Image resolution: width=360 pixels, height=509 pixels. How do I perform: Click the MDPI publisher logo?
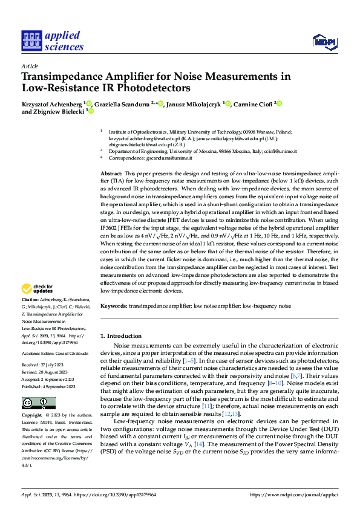click(324, 41)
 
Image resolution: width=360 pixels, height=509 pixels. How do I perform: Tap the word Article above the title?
click(30, 66)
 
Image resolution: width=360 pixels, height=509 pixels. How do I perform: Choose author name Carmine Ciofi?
click(253, 104)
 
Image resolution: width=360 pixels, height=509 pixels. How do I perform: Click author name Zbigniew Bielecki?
click(57, 112)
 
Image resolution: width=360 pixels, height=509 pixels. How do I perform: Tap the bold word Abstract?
click(112, 173)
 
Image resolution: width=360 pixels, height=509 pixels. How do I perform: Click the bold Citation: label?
click(31, 300)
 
